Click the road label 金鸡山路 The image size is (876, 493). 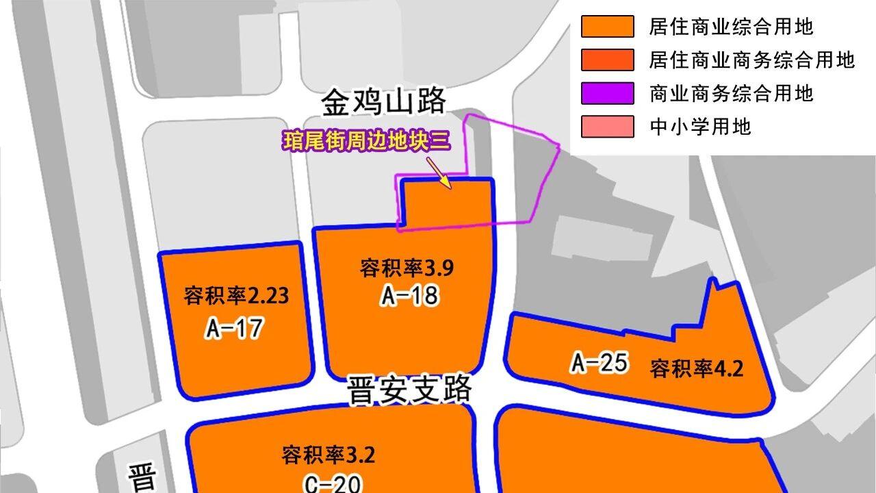point(383,102)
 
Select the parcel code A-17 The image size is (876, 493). point(233,329)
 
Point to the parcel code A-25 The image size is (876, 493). point(600,362)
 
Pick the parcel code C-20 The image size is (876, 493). point(332,484)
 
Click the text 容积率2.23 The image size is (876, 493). point(236,296)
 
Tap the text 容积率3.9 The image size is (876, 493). point(407,268)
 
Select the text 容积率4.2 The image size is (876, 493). point(696,368)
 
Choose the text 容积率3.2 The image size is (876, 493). point(328,455)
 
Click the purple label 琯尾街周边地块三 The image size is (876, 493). point(366,142)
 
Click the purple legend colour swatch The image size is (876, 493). point(607,93)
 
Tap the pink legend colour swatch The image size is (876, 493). point(607,127)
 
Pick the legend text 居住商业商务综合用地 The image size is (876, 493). point(751,60)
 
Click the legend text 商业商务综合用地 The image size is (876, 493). point(731,93)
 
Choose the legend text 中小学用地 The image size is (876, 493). point(700,127)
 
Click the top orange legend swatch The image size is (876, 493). point(607,27)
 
